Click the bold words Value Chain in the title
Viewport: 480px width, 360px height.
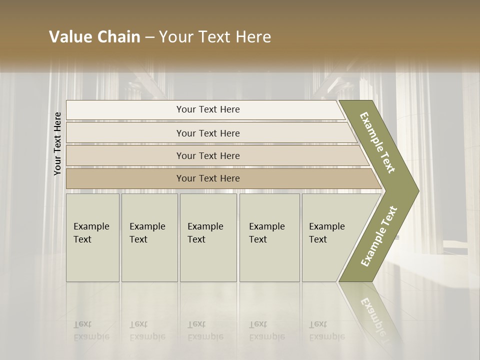[x=94, y=37]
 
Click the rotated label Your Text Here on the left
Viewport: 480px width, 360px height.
[x=57, y=143]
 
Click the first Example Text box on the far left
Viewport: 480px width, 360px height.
[x=92, y=237]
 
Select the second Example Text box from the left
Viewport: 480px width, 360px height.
[x=149, y=237]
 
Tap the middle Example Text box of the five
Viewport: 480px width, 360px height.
[x=208, y=237]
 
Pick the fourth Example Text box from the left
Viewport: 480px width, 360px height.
[x=269, y=237]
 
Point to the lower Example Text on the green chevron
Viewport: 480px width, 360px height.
[x=379, y=236]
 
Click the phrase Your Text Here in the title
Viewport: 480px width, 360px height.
[x=215, y=37]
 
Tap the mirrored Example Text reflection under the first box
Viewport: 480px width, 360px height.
[x=91, y=330]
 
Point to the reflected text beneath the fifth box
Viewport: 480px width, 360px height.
[x=326, y=330]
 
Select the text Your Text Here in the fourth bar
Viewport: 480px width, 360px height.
[x=208, y=178]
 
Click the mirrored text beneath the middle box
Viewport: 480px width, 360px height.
[x=205, y=330]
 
